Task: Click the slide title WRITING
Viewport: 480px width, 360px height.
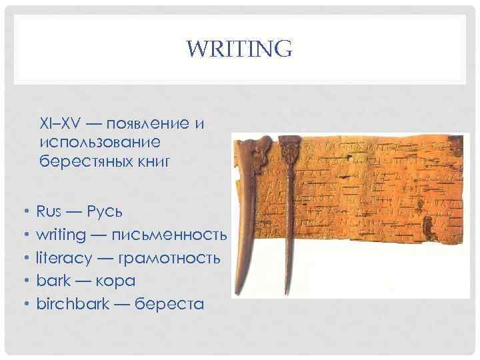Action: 239,49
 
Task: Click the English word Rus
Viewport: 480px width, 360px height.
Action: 49,212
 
